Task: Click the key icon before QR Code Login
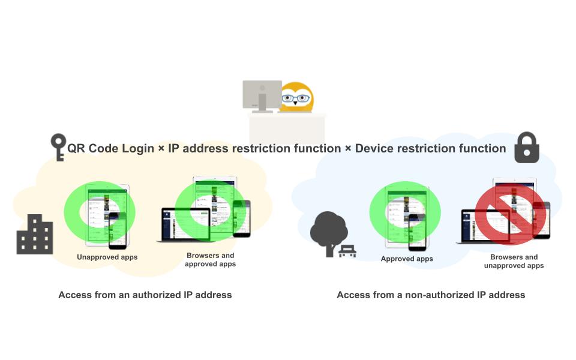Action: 58,146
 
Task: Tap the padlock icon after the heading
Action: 527,148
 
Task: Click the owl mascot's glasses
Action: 297,98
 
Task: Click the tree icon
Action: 328,231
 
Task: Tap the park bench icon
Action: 347,251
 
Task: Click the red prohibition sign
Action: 511,214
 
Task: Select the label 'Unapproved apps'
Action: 107,257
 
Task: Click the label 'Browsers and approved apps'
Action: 210,260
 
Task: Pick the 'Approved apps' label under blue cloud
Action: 407,259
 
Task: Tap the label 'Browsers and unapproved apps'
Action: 514,261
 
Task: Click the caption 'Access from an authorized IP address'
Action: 145,295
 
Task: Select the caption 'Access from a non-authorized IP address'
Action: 431,295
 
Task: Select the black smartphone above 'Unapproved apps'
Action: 118,231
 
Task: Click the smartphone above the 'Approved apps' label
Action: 418,233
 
